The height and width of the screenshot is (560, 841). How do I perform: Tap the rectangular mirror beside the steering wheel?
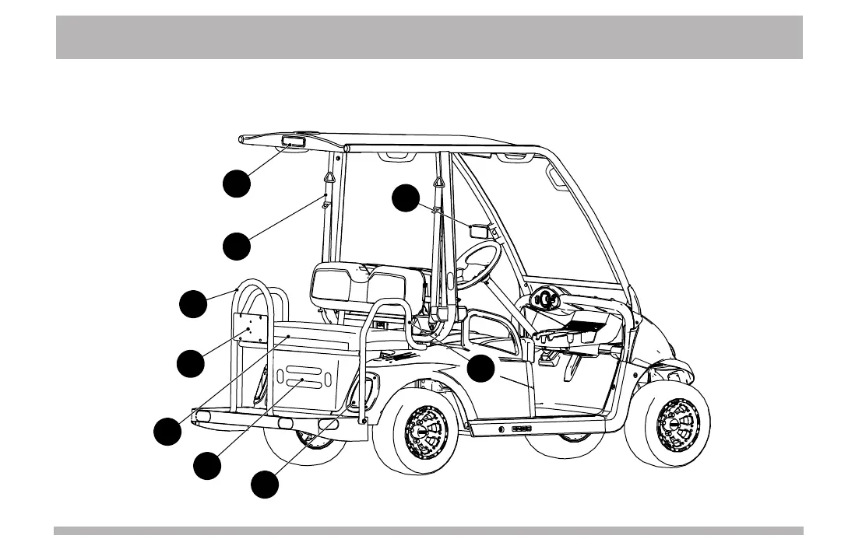coord(478,230)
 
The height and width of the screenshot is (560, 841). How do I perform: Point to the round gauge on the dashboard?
coord(544,298)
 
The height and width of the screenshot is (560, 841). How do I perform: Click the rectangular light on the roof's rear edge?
coord(292,143)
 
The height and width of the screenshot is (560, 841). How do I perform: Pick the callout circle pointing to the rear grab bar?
coord(193,303)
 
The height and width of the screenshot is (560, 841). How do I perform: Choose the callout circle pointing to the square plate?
coord(190,362)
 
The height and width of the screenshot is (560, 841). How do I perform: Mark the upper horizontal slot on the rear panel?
coord(304,369)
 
